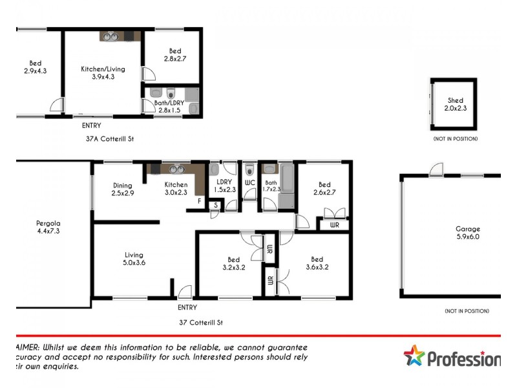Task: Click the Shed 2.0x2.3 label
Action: click(456, 105)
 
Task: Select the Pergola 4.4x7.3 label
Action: click(49, 227)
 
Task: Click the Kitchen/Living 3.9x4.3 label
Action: click(103, 72)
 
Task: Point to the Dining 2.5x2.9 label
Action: click(121, 189)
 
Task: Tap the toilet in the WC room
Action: click(249, 171)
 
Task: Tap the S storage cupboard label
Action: click(215, 206)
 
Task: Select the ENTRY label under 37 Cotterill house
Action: click(187, 307)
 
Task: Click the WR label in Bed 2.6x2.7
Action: click(333, 225)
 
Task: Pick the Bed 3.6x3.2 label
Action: click(317, 263)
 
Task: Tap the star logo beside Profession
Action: click(415, 356)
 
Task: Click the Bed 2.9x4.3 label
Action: click(35, 67)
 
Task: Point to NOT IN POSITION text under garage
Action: click(466, 311)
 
